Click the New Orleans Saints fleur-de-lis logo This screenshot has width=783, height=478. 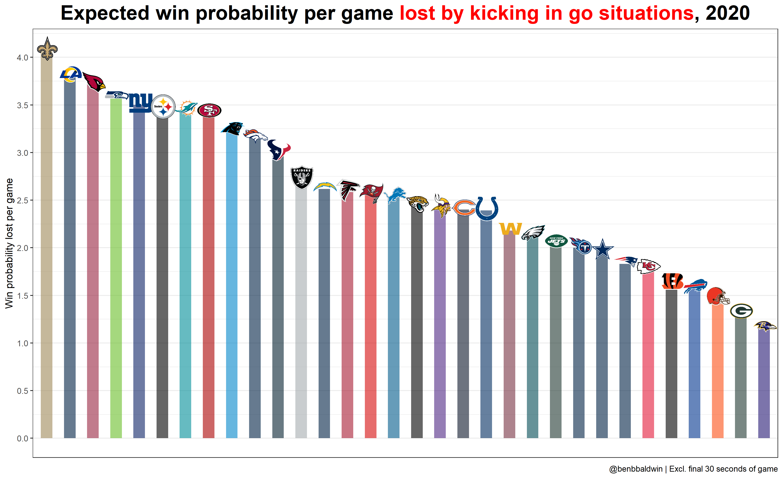tap(47, 49)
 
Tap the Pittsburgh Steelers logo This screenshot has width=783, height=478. tap(163, 107)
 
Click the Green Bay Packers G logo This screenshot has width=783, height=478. tap(741, 311)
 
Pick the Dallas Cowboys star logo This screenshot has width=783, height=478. tap(603, 249)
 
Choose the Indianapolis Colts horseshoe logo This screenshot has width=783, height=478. tap(487, 208)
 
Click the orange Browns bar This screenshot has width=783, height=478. tap(717, 372)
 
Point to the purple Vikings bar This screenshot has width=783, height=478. tap(440, 327)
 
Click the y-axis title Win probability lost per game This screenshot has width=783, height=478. tap(9, 243)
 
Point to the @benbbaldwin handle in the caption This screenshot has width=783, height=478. tap(636, 469)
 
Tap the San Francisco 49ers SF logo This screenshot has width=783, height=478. tap(209, 110)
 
